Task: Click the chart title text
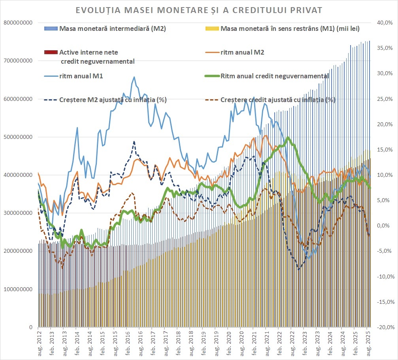coord(199,9)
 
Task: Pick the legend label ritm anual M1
coord(81,76)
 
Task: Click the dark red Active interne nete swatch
coord(51,52)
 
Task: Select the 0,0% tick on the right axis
coord(385,226)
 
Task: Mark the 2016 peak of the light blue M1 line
coord(134,77)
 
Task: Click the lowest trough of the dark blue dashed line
coord(299,270)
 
